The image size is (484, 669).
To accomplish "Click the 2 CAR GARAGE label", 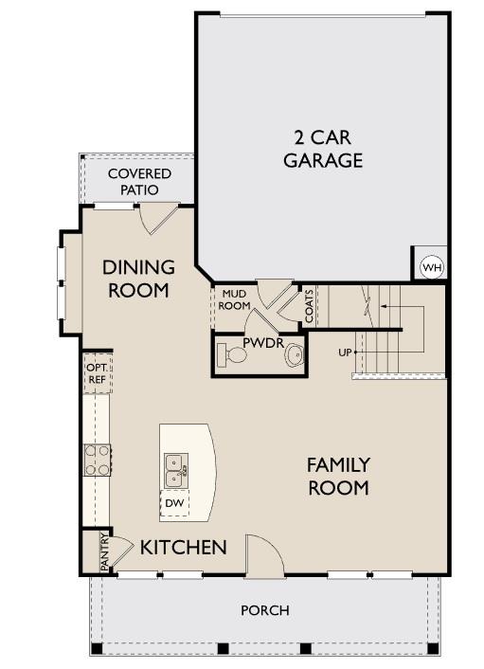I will (x=323, y=149).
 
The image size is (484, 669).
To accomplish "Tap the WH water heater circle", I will (x=432, y=267).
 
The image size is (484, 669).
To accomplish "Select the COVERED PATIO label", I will (x=139, y=181).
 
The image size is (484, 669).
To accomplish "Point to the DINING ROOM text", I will (x=138, y=279).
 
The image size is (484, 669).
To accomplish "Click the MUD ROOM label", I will (x=234, y=300).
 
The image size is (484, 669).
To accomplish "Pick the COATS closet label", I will (x=309, y=305).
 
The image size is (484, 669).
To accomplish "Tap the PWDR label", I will (x=262, y=342).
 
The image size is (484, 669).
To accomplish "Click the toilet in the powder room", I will (x=232, y=355).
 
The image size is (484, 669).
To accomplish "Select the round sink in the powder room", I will (x=296, y=356).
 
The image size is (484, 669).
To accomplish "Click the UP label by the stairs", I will (x=346, y=353).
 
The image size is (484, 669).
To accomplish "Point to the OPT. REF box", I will (x=97, y=373).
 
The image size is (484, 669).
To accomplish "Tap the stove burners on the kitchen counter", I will (x=97, y=460).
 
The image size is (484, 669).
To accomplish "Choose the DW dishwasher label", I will (x=173, y=503).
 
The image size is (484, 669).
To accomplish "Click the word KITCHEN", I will (x=184, y=547).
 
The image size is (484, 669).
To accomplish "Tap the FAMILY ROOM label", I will (x=338, y=476).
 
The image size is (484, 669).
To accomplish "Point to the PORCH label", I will (x=264, y=610).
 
